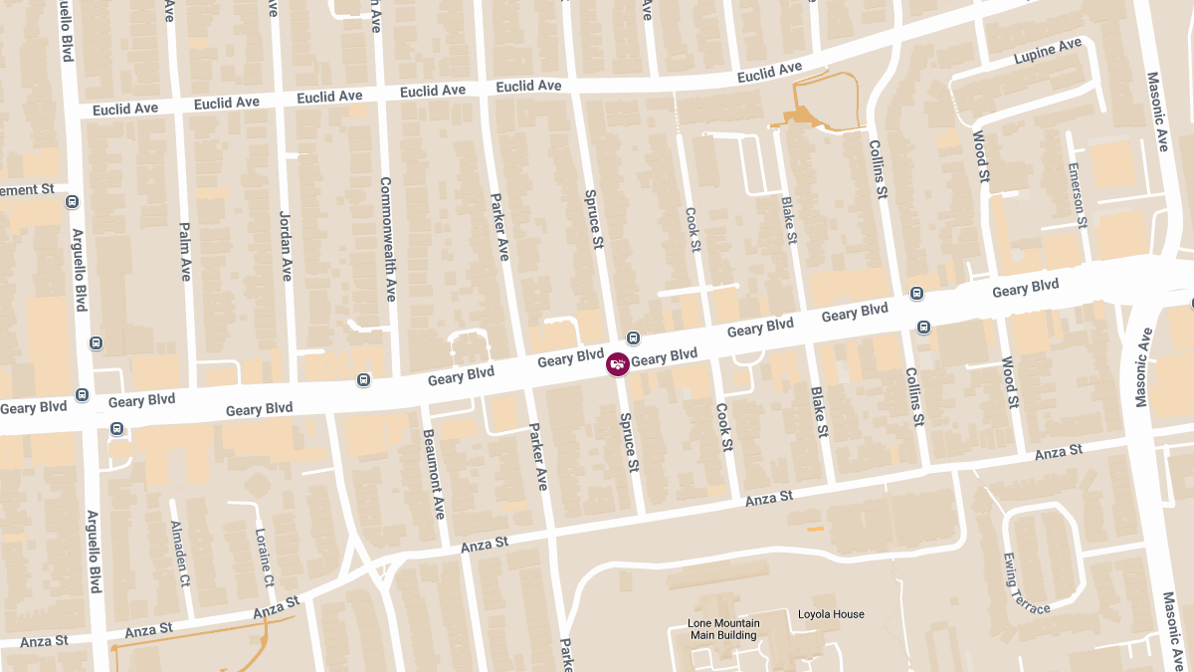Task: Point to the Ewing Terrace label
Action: pos(1025,583)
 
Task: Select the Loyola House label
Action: pos(831,614)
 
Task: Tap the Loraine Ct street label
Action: pos(265,558)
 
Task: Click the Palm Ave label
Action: pos(184,251)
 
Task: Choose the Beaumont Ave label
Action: pos(434,474)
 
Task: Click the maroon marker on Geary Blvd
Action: pos(618,364)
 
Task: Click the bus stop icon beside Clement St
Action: pos(72,202)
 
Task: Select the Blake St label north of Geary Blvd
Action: pos(789,220)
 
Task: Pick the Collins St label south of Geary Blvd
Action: pos(914,396)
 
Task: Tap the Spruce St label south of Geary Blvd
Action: pos(629,442)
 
